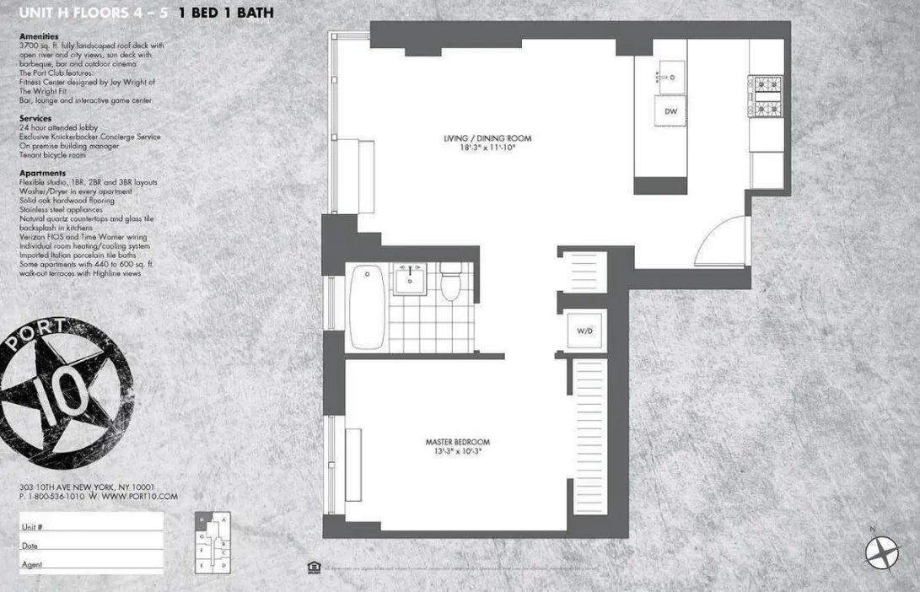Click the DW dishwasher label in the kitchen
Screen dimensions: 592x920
[x=671, y=111]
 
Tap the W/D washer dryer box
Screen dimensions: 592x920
[x=585, y=331]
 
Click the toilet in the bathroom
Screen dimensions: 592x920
[x=452, y=283]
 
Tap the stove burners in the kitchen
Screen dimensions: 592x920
[x=767, y=94]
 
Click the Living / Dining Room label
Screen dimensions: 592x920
[x=488, y=138]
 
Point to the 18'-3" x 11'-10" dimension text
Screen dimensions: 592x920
[x=488, y=148]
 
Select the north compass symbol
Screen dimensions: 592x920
[x=880, y=552]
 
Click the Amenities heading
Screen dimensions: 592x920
[x=39, y=37]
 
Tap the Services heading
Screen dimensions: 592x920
[x=35, y=119]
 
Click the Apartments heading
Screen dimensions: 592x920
[x=41, y=173]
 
